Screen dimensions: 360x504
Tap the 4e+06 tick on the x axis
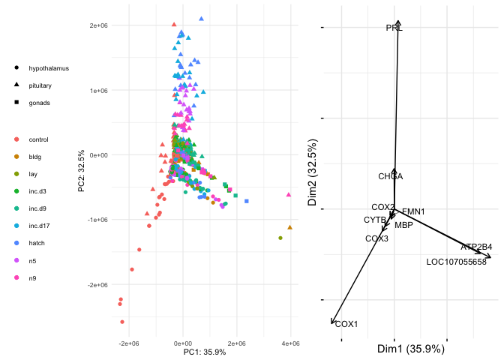[290, 343]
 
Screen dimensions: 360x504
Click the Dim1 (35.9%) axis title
[410, 349]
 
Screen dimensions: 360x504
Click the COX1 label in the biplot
[346, 324]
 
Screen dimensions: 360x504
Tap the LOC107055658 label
[456, 262]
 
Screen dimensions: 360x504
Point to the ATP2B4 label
[476, 247]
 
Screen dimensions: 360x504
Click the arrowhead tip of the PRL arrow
[398, 21]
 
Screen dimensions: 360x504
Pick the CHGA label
[391, 177]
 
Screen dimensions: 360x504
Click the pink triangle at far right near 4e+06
[289, 194]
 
